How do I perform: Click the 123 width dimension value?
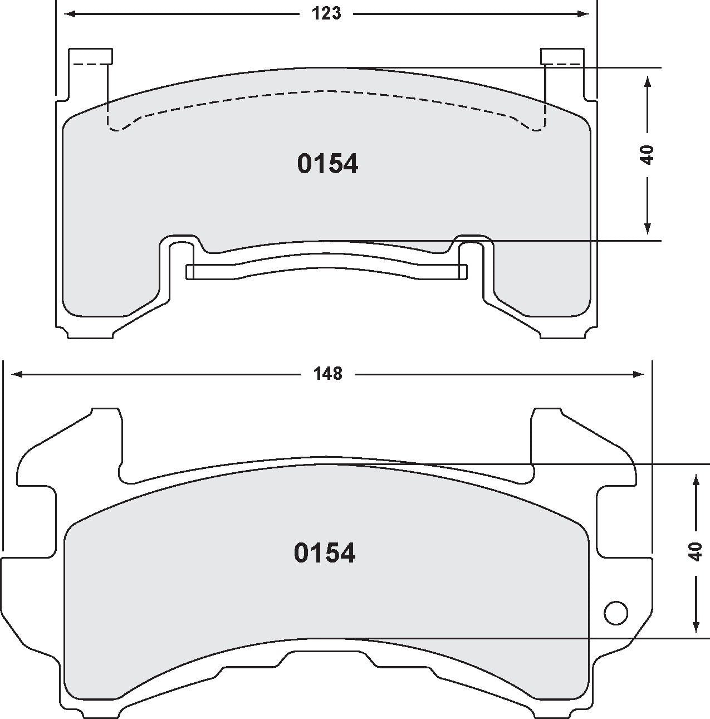point(326,14)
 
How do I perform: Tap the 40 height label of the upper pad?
point(647,154)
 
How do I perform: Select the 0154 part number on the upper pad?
point(327,164)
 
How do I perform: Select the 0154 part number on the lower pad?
point(325,554)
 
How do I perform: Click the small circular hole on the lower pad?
point(615,613)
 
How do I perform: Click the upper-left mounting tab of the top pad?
point(90,56)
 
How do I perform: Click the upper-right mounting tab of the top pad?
point(562,56)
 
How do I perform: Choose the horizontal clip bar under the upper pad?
point(326,271)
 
